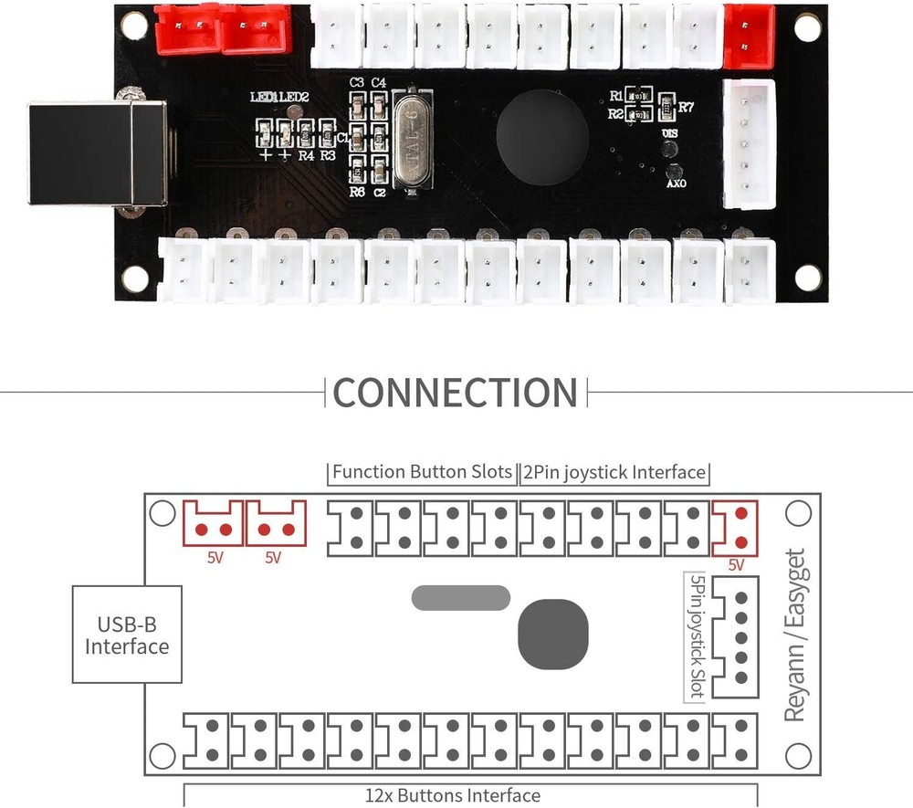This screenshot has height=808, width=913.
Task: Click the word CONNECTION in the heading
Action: click(456, 393)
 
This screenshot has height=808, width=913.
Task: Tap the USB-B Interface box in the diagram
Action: click(127, 635)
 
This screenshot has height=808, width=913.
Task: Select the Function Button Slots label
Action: click(422, 472)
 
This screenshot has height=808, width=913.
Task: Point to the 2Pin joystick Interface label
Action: click(614, 472)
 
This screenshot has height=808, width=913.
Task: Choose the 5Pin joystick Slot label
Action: click(696, 635)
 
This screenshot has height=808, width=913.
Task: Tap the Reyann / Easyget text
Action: click(795, 635)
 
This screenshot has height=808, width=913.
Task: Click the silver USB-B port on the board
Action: click(97, 153)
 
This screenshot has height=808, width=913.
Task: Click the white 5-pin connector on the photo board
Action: click(749, 143)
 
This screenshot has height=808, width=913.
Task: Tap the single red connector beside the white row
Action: click(749, 36)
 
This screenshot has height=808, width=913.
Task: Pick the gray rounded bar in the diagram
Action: click(460, 598)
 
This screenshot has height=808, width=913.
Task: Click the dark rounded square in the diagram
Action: click(552, 633)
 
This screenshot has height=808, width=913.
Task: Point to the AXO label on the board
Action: click(676, 183)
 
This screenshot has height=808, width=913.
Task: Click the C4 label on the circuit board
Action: click(379, 83)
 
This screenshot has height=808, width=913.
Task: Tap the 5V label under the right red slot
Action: click(736, 565)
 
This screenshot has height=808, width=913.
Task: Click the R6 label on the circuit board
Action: click(357, 193)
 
